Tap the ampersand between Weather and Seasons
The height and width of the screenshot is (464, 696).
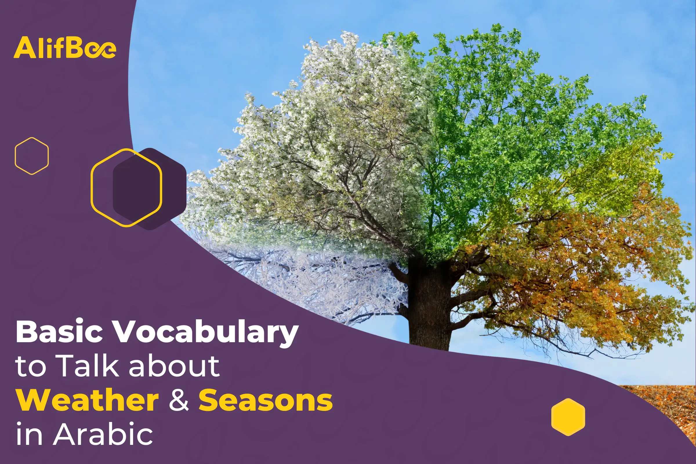point(179,401)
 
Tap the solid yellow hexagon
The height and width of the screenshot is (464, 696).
point(568,417)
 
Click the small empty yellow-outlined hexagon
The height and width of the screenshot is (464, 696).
point(32,156)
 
